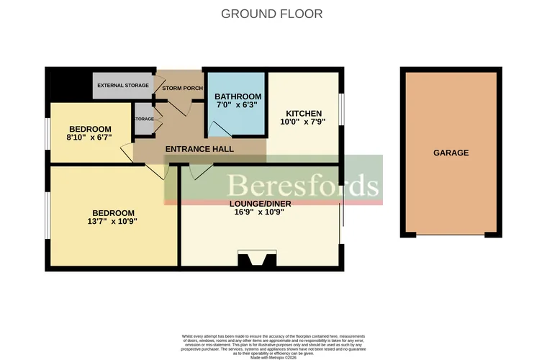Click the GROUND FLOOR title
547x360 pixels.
coord(271,14)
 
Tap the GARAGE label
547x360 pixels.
coord(451,153)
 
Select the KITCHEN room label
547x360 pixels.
coord(304,114)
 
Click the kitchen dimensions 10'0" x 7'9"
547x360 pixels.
coord(304,122)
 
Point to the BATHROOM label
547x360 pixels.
coord(238,96)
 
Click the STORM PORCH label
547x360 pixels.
coord(182,88)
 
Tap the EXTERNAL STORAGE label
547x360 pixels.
coord(123,86)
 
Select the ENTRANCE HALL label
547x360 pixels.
coord(199,149)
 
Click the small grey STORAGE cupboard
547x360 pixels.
coord(144,119)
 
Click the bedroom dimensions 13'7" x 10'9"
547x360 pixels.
coord(112,222)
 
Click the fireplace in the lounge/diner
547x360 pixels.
coord(257,260)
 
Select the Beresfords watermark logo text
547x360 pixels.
coord(302,185)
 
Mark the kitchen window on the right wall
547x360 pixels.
coord(341,113)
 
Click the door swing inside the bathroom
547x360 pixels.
coord(218,129)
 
